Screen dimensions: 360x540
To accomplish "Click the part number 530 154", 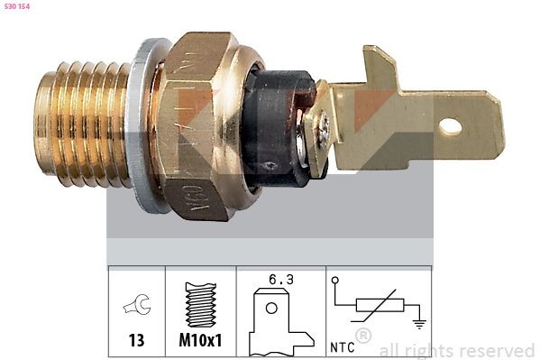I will (x=18, y=6).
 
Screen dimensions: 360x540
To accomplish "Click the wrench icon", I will (x=136, y=308).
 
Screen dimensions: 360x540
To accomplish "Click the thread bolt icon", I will (x=200, y=305).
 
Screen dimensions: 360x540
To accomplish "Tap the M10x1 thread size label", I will (x=200, y=341).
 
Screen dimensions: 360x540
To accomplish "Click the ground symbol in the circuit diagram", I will (x=417, y=322).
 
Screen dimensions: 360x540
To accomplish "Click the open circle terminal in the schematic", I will (x=335, y=281).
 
